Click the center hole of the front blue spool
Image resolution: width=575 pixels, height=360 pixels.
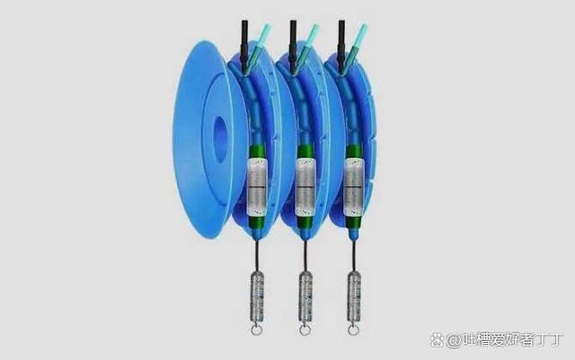coord(219,140)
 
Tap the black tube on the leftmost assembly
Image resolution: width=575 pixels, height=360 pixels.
coord(244,45)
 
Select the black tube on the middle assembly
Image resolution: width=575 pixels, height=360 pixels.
coord(293,45)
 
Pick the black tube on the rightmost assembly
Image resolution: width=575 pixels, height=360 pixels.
coord(341,45)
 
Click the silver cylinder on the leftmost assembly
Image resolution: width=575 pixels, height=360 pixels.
coord(257,187)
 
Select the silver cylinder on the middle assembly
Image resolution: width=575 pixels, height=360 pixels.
coord(305,187)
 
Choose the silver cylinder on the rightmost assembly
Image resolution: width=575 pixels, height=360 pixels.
coord(353,187)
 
